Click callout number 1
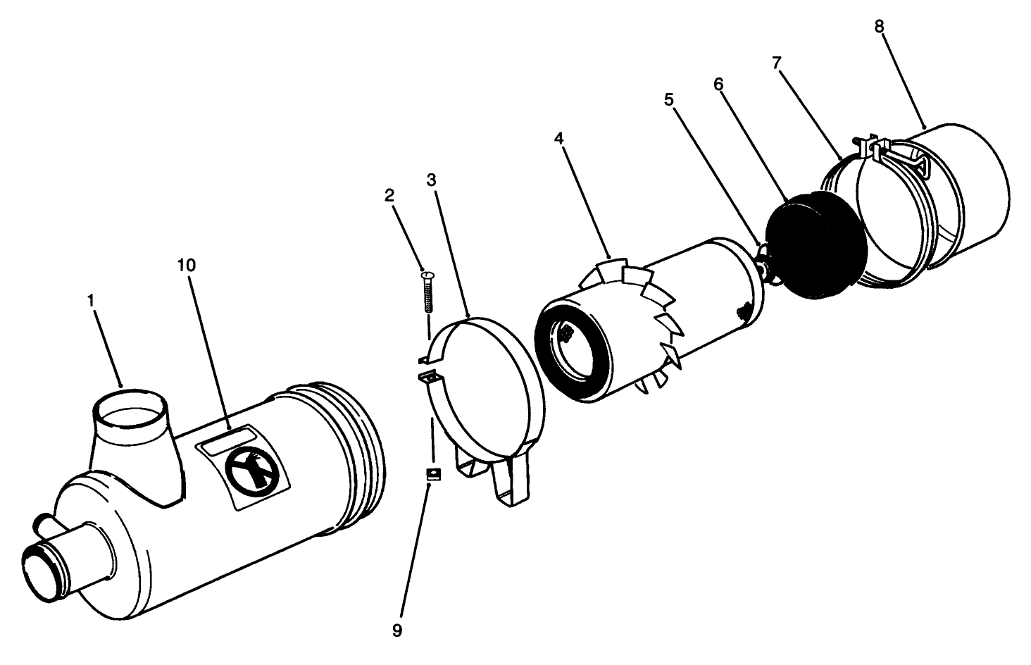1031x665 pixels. click(x=91, y=300)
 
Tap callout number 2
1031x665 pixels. click(x=389, y=194)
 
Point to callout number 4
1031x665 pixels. click(x=558, y=139)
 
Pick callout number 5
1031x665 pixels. click(x=668, y=99)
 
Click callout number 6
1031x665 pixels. click(x=718, y=84)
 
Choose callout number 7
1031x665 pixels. click(x=776, y=63)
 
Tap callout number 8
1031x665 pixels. click(x=879, y=26)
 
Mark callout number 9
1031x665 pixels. click(x=397, y=630)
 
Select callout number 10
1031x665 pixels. click(x=187, y=266)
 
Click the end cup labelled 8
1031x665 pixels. click(x=965, y=194)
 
